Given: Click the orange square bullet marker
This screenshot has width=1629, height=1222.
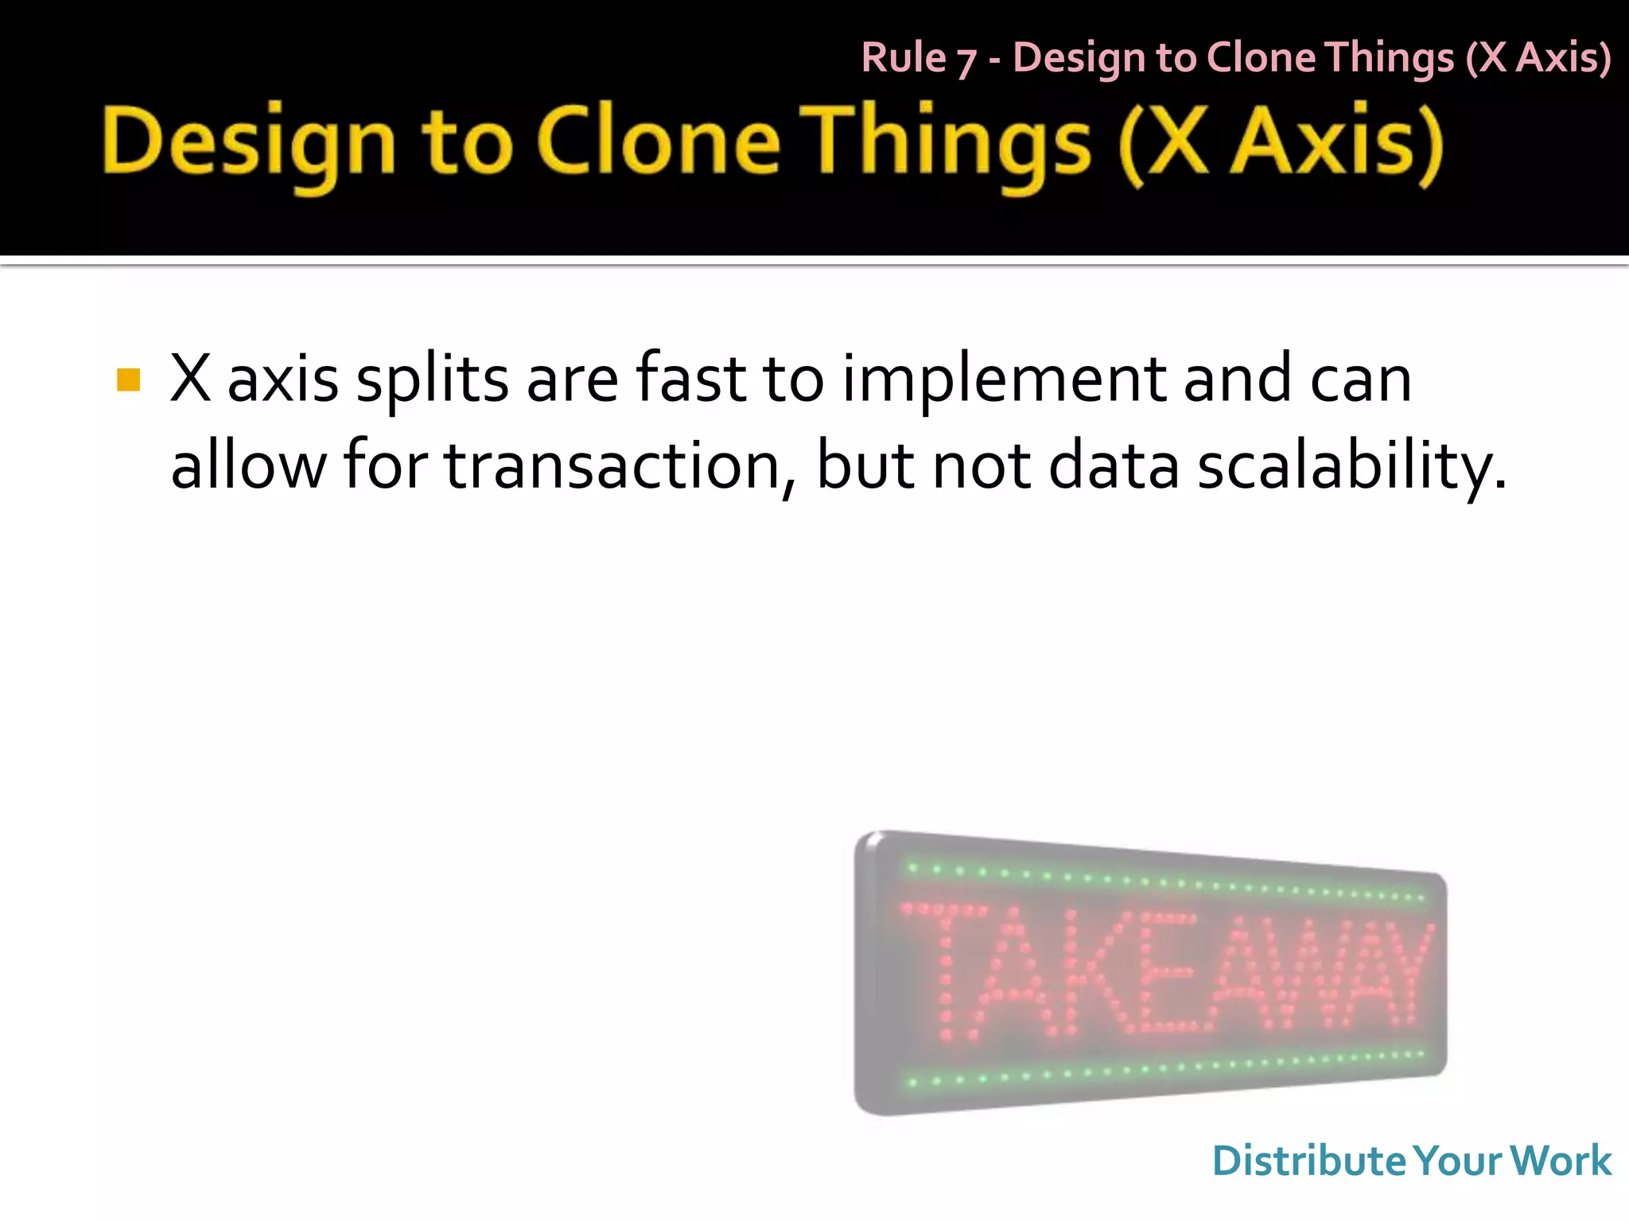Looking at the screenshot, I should click(128, 380).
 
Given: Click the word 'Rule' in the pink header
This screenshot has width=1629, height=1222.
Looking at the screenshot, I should click(904, 58).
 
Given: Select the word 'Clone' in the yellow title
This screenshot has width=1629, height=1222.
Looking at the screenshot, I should click(659, 143).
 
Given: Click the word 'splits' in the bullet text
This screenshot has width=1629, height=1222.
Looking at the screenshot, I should click(432, 380).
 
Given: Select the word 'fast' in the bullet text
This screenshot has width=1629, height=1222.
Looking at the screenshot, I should click(690, 379).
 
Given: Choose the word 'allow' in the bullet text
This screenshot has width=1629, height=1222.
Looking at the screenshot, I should click(248, 466).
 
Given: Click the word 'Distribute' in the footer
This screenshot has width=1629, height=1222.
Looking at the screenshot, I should click(1309, 1161).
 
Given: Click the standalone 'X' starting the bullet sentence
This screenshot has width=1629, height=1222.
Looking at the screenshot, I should click(191, 379).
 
